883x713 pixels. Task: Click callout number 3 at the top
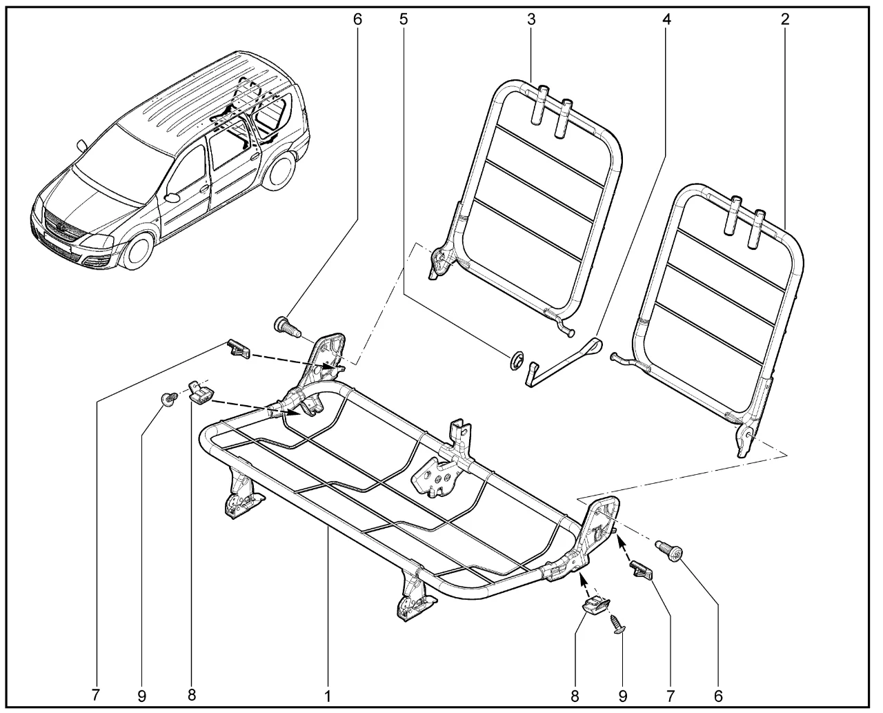pyautogui.click(x=531, y=19)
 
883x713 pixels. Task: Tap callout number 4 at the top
pyautogui.click(x=666, y=19)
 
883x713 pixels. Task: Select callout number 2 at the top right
pyautogui.click(x=785, y=19)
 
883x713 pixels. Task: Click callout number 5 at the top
pyautogui.click(x=404, y=19)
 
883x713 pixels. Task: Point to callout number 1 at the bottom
pyautogui.click(x=328, y=696)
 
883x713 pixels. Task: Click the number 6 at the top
pyautogui.click(x=357, y=19)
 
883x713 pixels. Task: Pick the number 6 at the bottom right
pyautogui.click(x=718, y=696)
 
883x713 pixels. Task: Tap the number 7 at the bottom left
pyautogui.click(x=96, y=695)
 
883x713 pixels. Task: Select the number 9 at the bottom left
pyautogui.click(x=142, y=696)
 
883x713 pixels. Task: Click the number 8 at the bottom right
pyautogui.click(x=574, y=696)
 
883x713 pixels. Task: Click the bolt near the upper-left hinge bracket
pyautogui.click(x=287, y=329)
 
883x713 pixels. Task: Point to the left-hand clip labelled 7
pyautogui.click(x=239, y=349)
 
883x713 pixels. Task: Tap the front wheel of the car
pyautogui.click(x=139, y=251)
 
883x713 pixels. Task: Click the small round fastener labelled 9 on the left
pyautogui.click(x=168, y=398)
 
